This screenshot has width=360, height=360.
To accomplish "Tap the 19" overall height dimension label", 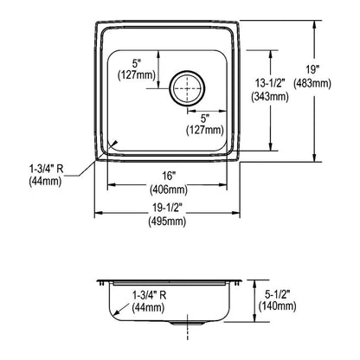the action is pos(312,70).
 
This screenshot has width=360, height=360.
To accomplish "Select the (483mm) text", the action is pos(312,84).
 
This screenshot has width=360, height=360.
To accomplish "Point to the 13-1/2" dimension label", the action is pos(270,83).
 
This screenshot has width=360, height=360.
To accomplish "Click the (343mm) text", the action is pos(270,96).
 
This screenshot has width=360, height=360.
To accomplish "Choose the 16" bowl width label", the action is pos(169,176).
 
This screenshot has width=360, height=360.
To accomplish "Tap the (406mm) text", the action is pos(169,190).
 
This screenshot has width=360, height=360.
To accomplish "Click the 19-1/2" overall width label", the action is pos(168,208).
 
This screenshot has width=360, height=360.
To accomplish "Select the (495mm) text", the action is pos(167,222).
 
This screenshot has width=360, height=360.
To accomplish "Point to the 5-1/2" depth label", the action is pos(278,294).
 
